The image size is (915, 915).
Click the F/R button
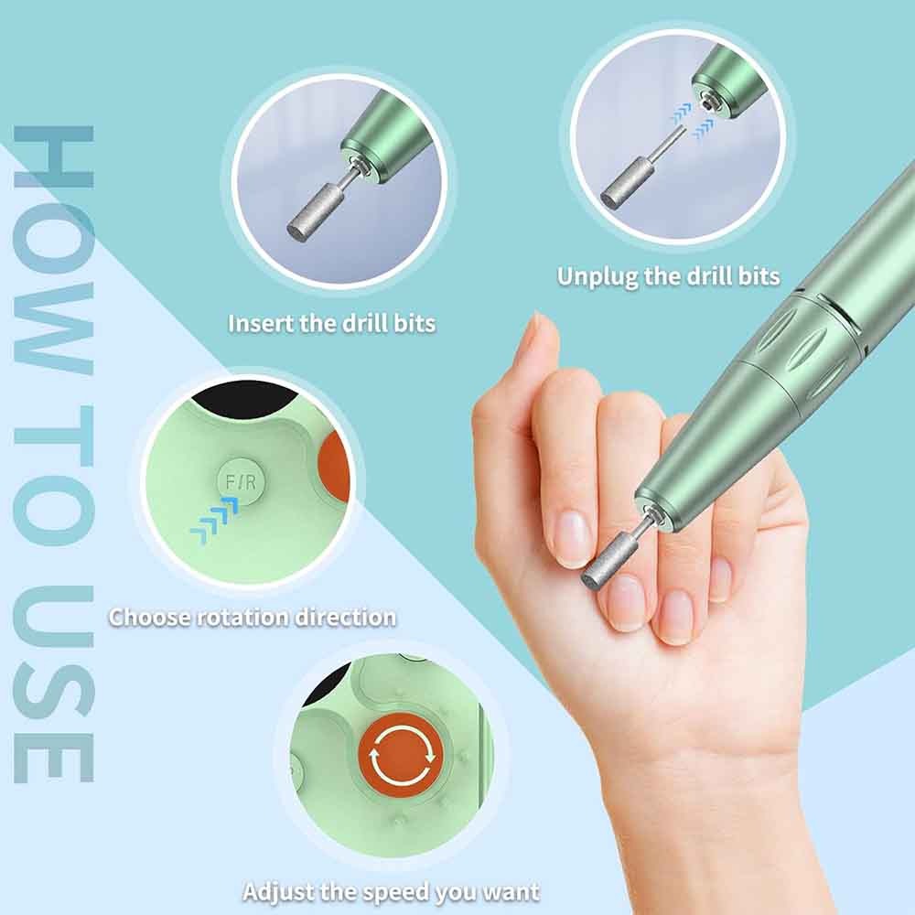point(241,482)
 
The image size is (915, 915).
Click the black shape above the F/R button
point(245,399)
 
